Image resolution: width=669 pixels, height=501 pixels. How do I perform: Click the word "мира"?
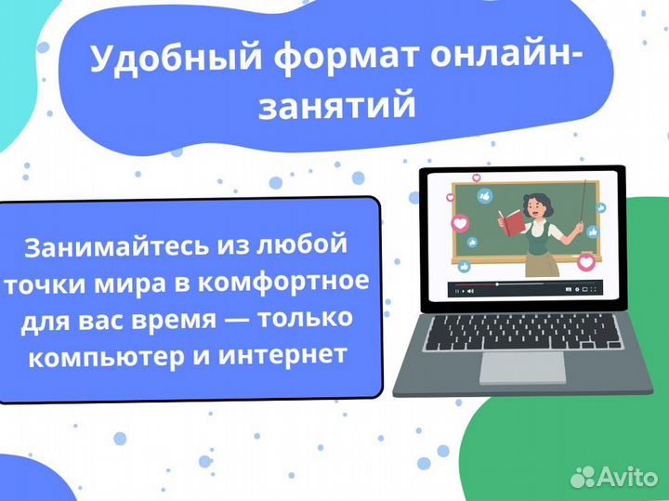click(150, 282)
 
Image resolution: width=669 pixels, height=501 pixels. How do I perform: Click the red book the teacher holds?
click(512, 222)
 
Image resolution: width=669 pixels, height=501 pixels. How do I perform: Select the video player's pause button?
click(457, 291)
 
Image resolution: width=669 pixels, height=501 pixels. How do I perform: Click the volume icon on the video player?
click(469, 291)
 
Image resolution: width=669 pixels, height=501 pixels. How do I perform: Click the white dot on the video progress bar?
click(497, 283)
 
